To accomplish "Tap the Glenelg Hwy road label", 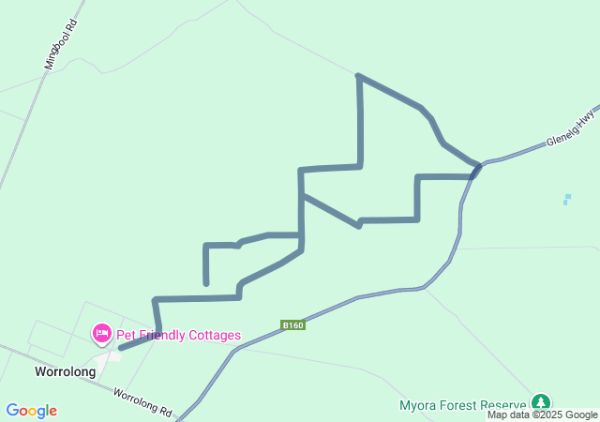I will coord(572,128).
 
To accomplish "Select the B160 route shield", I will coord(293,325).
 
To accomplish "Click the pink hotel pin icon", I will coord(101,333).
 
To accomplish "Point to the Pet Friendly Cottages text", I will coord(178,335).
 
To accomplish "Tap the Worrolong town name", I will coord(65,371).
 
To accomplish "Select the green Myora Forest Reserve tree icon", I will coord(541,401).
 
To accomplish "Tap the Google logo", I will coord(31,411).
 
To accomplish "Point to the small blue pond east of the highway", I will coord(566,199).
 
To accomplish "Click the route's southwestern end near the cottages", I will coord(121,348).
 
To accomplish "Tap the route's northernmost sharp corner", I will coord(359,75).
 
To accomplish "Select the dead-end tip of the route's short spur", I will coord(206,283).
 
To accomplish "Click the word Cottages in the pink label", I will coord(212,335).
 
